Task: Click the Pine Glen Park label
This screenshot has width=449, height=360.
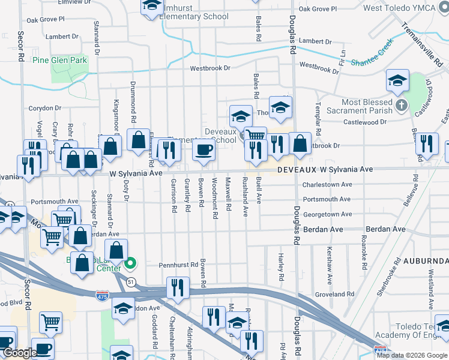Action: click(x=61, y=60)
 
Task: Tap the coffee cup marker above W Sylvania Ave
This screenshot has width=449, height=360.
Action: click(x=203, y=151)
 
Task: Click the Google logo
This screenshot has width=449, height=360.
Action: click(x=20, y=353)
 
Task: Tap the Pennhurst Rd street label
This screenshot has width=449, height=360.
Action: click(x=178, y=265)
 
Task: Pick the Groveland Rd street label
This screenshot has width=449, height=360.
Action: click(x=334, y=295)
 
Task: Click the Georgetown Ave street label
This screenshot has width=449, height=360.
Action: click(x=327, y=214)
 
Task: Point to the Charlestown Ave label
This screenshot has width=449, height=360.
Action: click(x=327, y=185)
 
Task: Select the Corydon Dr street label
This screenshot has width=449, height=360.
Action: click(x=45, y=109)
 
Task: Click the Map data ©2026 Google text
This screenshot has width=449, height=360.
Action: click(x=412, y=355)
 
